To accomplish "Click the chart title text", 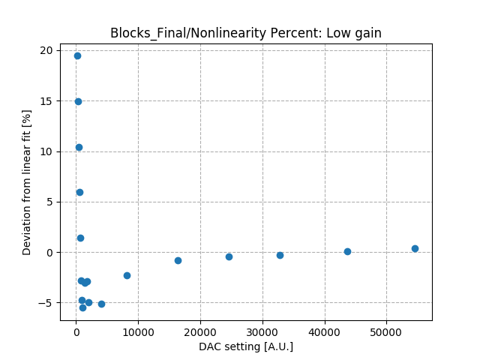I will (246, 33).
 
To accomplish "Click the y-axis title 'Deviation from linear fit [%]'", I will (27, 182).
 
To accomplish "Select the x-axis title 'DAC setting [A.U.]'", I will (246, 346).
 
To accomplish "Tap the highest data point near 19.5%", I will (77, 55).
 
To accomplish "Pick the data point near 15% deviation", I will (78, 101).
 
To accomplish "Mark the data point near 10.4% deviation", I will (79, 147).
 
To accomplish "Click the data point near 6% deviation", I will (79, 192).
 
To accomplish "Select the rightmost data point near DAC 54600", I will (415, 248).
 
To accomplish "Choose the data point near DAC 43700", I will (347, 251).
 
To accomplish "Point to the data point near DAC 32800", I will (280, 255).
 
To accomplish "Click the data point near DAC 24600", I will (229, 256).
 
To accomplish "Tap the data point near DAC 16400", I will (178, 260).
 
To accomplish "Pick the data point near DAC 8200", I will (127, 275).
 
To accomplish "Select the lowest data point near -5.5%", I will (82, 307).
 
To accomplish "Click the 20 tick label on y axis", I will (46, 50).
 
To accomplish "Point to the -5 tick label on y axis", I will (46, 303).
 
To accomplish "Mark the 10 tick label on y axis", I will (46, 151).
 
